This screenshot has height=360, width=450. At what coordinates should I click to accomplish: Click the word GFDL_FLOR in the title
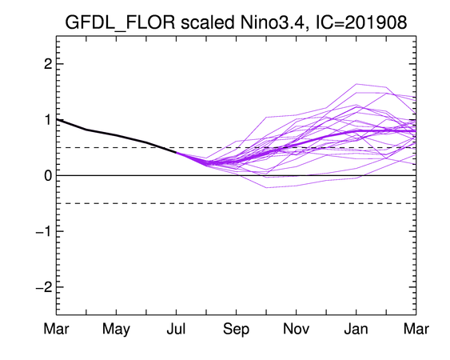[120, 22]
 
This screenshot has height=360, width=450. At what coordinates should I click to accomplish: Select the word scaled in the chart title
[208, 22]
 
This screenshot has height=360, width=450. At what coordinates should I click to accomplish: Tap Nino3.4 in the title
[272, 22]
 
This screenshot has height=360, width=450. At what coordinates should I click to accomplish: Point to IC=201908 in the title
[361, 22]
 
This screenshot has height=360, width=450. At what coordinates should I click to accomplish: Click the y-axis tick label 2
[48, 64]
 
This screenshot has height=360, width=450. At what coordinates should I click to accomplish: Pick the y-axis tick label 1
[49, 119]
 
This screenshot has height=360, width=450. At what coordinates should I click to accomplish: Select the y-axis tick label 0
[48, 175]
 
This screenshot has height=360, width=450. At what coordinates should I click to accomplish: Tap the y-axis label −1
[44, 231]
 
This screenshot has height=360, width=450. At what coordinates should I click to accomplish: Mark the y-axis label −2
[44, 286]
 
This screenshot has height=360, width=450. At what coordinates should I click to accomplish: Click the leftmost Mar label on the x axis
[56, 329]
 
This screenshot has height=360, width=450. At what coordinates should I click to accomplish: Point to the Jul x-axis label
[176, 329]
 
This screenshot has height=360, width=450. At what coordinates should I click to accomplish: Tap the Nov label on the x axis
[297, 329]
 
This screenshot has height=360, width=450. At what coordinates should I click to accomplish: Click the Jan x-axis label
[356, 329]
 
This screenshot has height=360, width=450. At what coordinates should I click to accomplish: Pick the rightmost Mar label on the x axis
[416, 329]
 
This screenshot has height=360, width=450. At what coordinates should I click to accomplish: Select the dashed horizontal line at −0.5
[237, 203]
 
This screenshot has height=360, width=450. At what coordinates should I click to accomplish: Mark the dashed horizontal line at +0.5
[237, 148]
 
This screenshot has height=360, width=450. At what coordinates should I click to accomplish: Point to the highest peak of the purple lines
[356, 84]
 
